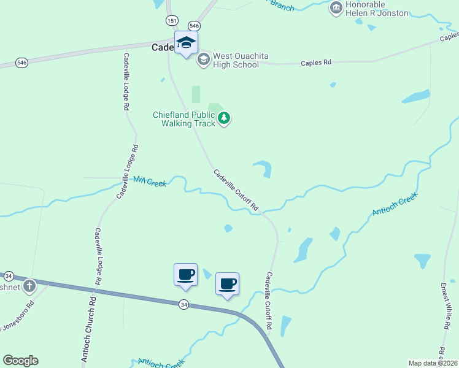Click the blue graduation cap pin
186,43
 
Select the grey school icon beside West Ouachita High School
203,60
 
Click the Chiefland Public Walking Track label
184,118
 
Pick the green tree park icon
224,118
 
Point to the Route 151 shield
172,21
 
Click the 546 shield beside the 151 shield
194,26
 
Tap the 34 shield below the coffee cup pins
183,304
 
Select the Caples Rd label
315,63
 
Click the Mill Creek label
150,182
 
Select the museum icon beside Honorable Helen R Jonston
336,7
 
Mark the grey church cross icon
29,286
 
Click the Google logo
20,361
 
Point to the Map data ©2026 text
433,362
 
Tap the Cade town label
162,47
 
